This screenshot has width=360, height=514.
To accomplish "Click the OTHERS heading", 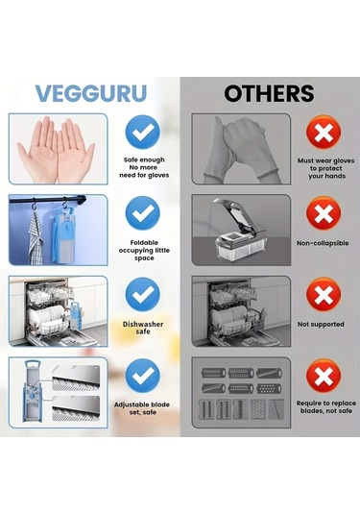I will coord(269,93).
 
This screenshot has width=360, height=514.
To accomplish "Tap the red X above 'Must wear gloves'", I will coord(321,133).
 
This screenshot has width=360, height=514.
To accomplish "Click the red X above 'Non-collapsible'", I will coord(321,213).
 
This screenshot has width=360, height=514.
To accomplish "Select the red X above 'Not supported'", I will coord(321,294).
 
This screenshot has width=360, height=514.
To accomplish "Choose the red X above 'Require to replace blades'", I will coord(321,376).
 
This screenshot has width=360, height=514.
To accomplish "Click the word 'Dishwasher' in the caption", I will coord(142,324).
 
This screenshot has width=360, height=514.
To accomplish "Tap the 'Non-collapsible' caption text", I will coord(321,245).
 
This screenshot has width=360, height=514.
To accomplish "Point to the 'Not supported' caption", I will coord(321,325).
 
